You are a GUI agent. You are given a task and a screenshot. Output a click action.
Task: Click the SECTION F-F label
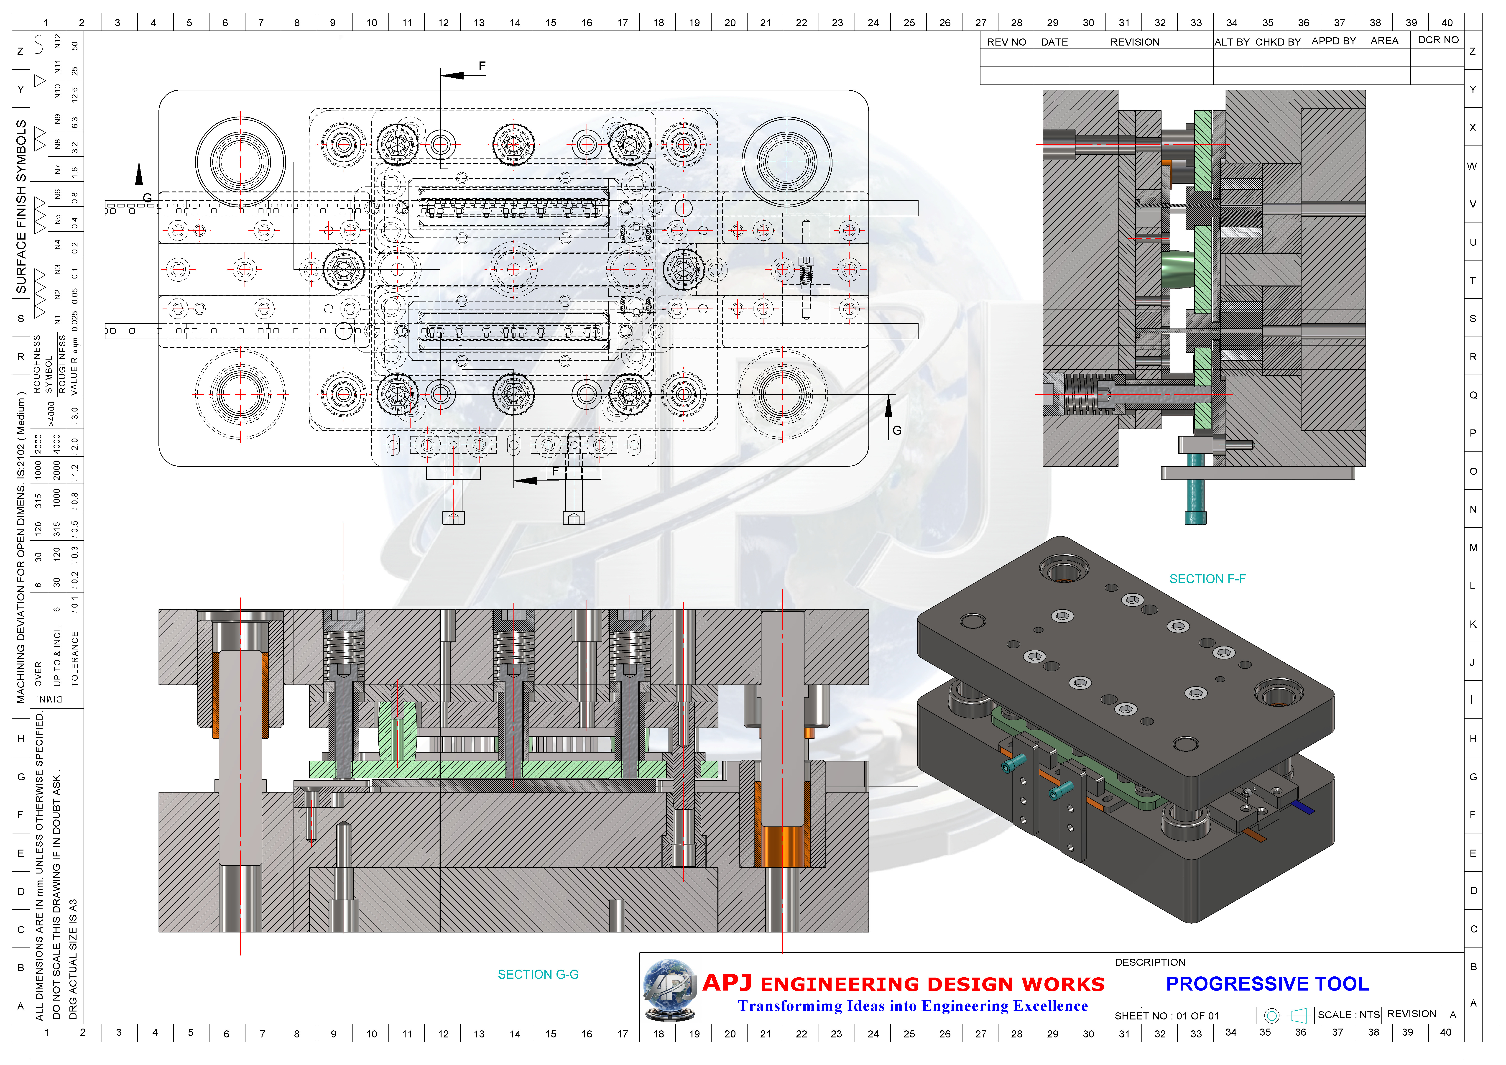[x=1207, y=579]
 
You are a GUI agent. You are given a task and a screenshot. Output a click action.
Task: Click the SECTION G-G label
[x=538, y=975]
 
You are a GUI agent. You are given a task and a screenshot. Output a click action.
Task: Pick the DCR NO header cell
[x=1438, y=40]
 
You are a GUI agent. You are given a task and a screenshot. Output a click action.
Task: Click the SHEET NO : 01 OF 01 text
[x=1166, y=1016]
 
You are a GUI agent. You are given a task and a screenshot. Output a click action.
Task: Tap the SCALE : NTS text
[x=1348, y=1014]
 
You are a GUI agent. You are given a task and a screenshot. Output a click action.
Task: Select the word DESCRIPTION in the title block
[x=1150, y=962]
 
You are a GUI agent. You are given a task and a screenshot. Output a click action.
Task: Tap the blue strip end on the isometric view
[x=1303, y=807]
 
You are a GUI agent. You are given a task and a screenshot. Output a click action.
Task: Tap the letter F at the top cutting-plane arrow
[x=482, y=66]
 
